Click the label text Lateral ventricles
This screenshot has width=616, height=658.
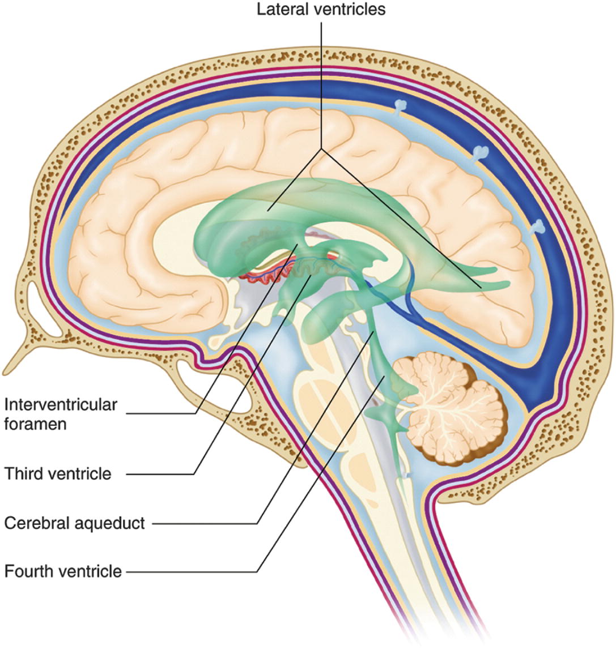click(x=321, y=10)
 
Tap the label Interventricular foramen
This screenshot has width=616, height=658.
click(x=61, y=414)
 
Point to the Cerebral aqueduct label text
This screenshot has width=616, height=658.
click(x=75, y=523)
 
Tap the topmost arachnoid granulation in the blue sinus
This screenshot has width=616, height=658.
click(x=401, y=105)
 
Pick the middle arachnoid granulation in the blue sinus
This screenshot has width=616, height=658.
click(x=481, y=152)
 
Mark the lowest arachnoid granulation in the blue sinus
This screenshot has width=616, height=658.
click(x=539, y=227)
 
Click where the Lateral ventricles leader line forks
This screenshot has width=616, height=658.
click(x=321, y=148)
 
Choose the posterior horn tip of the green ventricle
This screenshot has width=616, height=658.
click(x=504, y=283)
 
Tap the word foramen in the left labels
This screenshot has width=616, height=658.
click(x=35, y=424)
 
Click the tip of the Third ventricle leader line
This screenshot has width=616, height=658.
click(x=310, y=277)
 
